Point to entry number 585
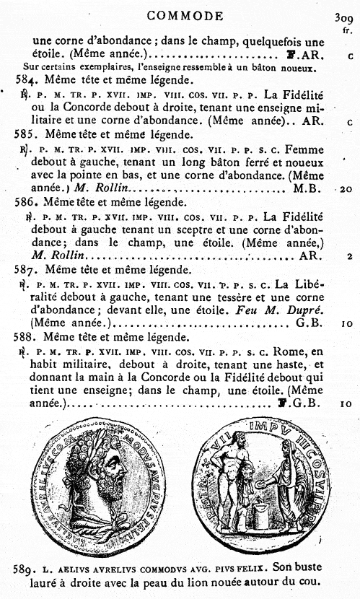(26, 134)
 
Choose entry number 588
(27, 337)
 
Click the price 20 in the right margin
(346, 189)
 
